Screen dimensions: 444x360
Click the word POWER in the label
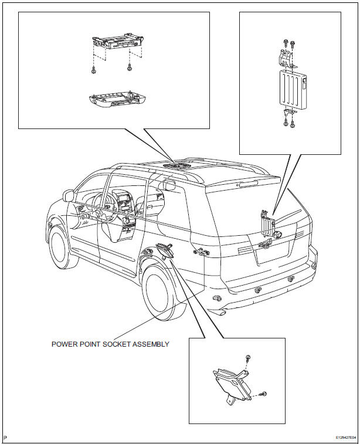click(x=65, y=344)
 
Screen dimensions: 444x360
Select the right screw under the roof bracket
click(x=129, y=70)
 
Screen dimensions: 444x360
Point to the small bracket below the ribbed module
click(x=289, y=113)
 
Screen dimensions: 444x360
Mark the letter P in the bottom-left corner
click(x=5, y=438)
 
